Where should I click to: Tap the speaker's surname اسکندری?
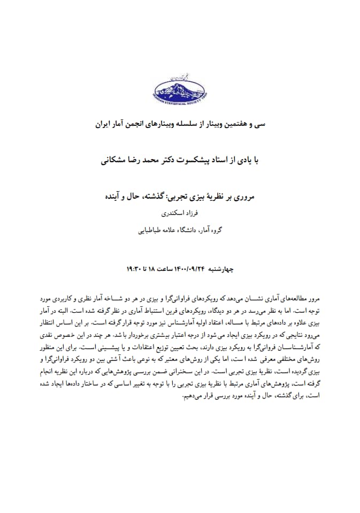(x=172, y=213)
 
